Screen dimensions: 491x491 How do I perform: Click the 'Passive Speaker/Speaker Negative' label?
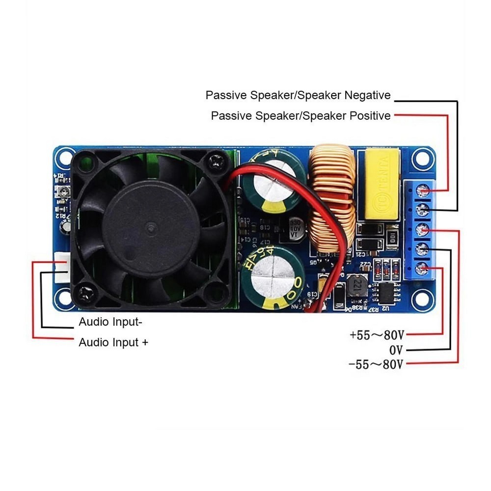coord(298,95)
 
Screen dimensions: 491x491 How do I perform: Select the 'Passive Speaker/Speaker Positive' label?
coord(300,116)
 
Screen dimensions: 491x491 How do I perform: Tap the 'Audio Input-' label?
coord(110,323)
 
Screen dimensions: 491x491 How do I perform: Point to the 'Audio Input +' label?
coord(113,343)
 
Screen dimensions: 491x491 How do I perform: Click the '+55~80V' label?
coord(377,335)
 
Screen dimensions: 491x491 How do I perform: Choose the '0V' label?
coord(396,350)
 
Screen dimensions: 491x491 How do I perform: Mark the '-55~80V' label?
coord(376,365)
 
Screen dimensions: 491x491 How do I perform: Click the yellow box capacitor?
coord(381,185)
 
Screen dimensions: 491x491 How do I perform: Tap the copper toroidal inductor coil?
coord(333,196)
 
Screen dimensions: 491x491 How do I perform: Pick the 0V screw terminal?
coord(422,249)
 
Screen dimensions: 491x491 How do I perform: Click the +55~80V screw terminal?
coord(422,269)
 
